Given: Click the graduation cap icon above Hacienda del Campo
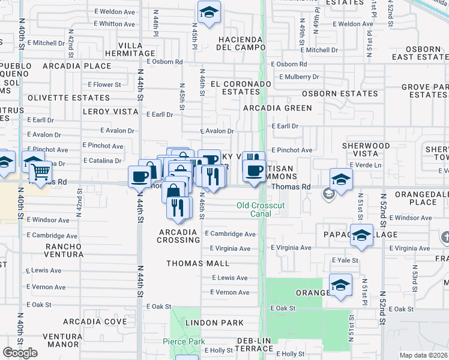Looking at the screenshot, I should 208,11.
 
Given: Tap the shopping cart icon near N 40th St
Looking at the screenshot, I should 40,172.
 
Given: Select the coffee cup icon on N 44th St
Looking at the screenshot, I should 140,176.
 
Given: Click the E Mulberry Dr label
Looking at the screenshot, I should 295,77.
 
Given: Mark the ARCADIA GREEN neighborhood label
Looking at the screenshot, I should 277,108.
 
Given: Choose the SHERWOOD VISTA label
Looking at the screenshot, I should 366,149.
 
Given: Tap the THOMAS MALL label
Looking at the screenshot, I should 197,263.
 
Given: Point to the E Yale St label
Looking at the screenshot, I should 345,260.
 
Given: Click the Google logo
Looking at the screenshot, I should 20,353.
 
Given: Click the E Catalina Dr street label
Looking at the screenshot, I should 102,160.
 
